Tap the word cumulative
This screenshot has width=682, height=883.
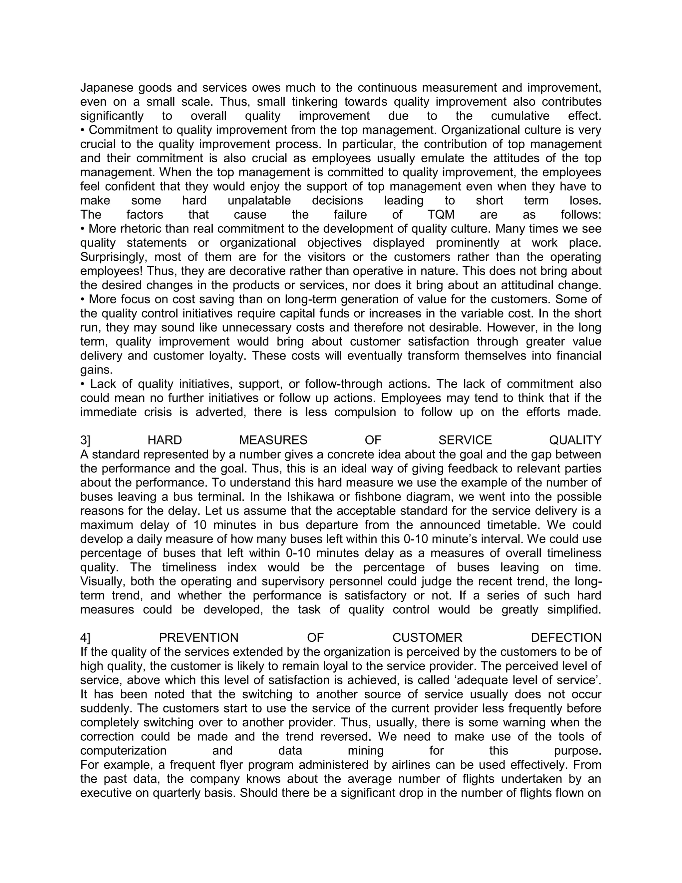[x=520, y=116]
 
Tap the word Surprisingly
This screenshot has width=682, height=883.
[x=113, y=257]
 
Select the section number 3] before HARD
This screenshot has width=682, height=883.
[x=85, y=440]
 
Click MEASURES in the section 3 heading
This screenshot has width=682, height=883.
[x=273, y=440]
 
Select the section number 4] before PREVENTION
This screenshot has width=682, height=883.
[x=85, y=638]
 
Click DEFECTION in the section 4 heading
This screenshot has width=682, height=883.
[x=566, y=638]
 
